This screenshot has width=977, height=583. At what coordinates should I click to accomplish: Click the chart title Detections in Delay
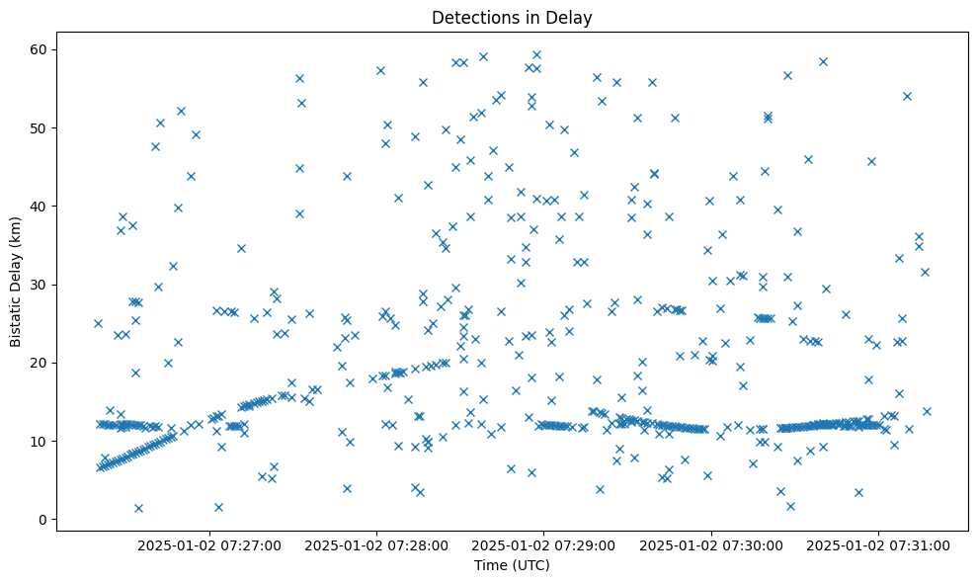[x=512, y=17]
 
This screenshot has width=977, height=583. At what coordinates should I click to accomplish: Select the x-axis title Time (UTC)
[x=512, y=565]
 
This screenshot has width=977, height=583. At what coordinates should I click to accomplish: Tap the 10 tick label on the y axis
[x=40, y=441]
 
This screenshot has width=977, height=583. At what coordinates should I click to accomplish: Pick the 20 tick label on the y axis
[x=40, y=363]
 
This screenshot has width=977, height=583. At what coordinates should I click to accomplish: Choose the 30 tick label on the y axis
[x=40, y=285]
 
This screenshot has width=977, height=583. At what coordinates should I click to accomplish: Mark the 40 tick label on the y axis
[x=40, y=207]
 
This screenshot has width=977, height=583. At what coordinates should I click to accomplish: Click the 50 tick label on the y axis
[x=40, y=128]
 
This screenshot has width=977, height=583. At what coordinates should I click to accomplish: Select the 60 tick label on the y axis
[x=40, y=49]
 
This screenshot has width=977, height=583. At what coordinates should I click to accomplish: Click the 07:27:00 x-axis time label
[x=209, y=544]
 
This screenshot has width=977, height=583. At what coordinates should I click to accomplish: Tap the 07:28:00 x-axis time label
[x=376, y=544]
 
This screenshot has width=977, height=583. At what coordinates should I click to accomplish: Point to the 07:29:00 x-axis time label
[x=543, y=544]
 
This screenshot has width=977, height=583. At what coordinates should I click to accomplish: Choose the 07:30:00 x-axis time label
[x=711, y=544]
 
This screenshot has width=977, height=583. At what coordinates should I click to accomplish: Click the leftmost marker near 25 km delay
[x=98, y=323]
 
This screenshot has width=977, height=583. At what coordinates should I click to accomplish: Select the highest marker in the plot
[x=536, y=55]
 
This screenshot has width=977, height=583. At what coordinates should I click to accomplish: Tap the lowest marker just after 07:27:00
[x=218, y=507]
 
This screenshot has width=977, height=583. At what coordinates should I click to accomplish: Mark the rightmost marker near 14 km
[x=927, y=411]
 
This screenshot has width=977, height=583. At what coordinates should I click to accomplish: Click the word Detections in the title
[x=470, y=17]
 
